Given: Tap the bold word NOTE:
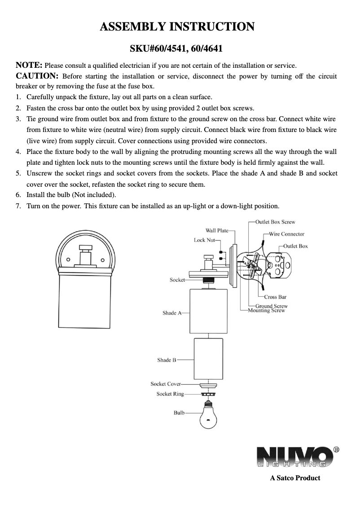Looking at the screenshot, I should pos(29,66).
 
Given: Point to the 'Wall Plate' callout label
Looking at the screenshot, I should pos(217,230).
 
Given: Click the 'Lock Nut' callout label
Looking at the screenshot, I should pos(204,240).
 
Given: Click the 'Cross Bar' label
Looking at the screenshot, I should pos(275,297).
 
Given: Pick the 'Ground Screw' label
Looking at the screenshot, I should pos(275,306).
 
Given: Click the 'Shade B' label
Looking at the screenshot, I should pos(167,360).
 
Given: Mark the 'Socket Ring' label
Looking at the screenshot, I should pos(170,394).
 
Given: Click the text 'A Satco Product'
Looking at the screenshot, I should pos(295,478).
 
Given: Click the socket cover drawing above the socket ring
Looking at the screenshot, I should pos(208,385).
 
